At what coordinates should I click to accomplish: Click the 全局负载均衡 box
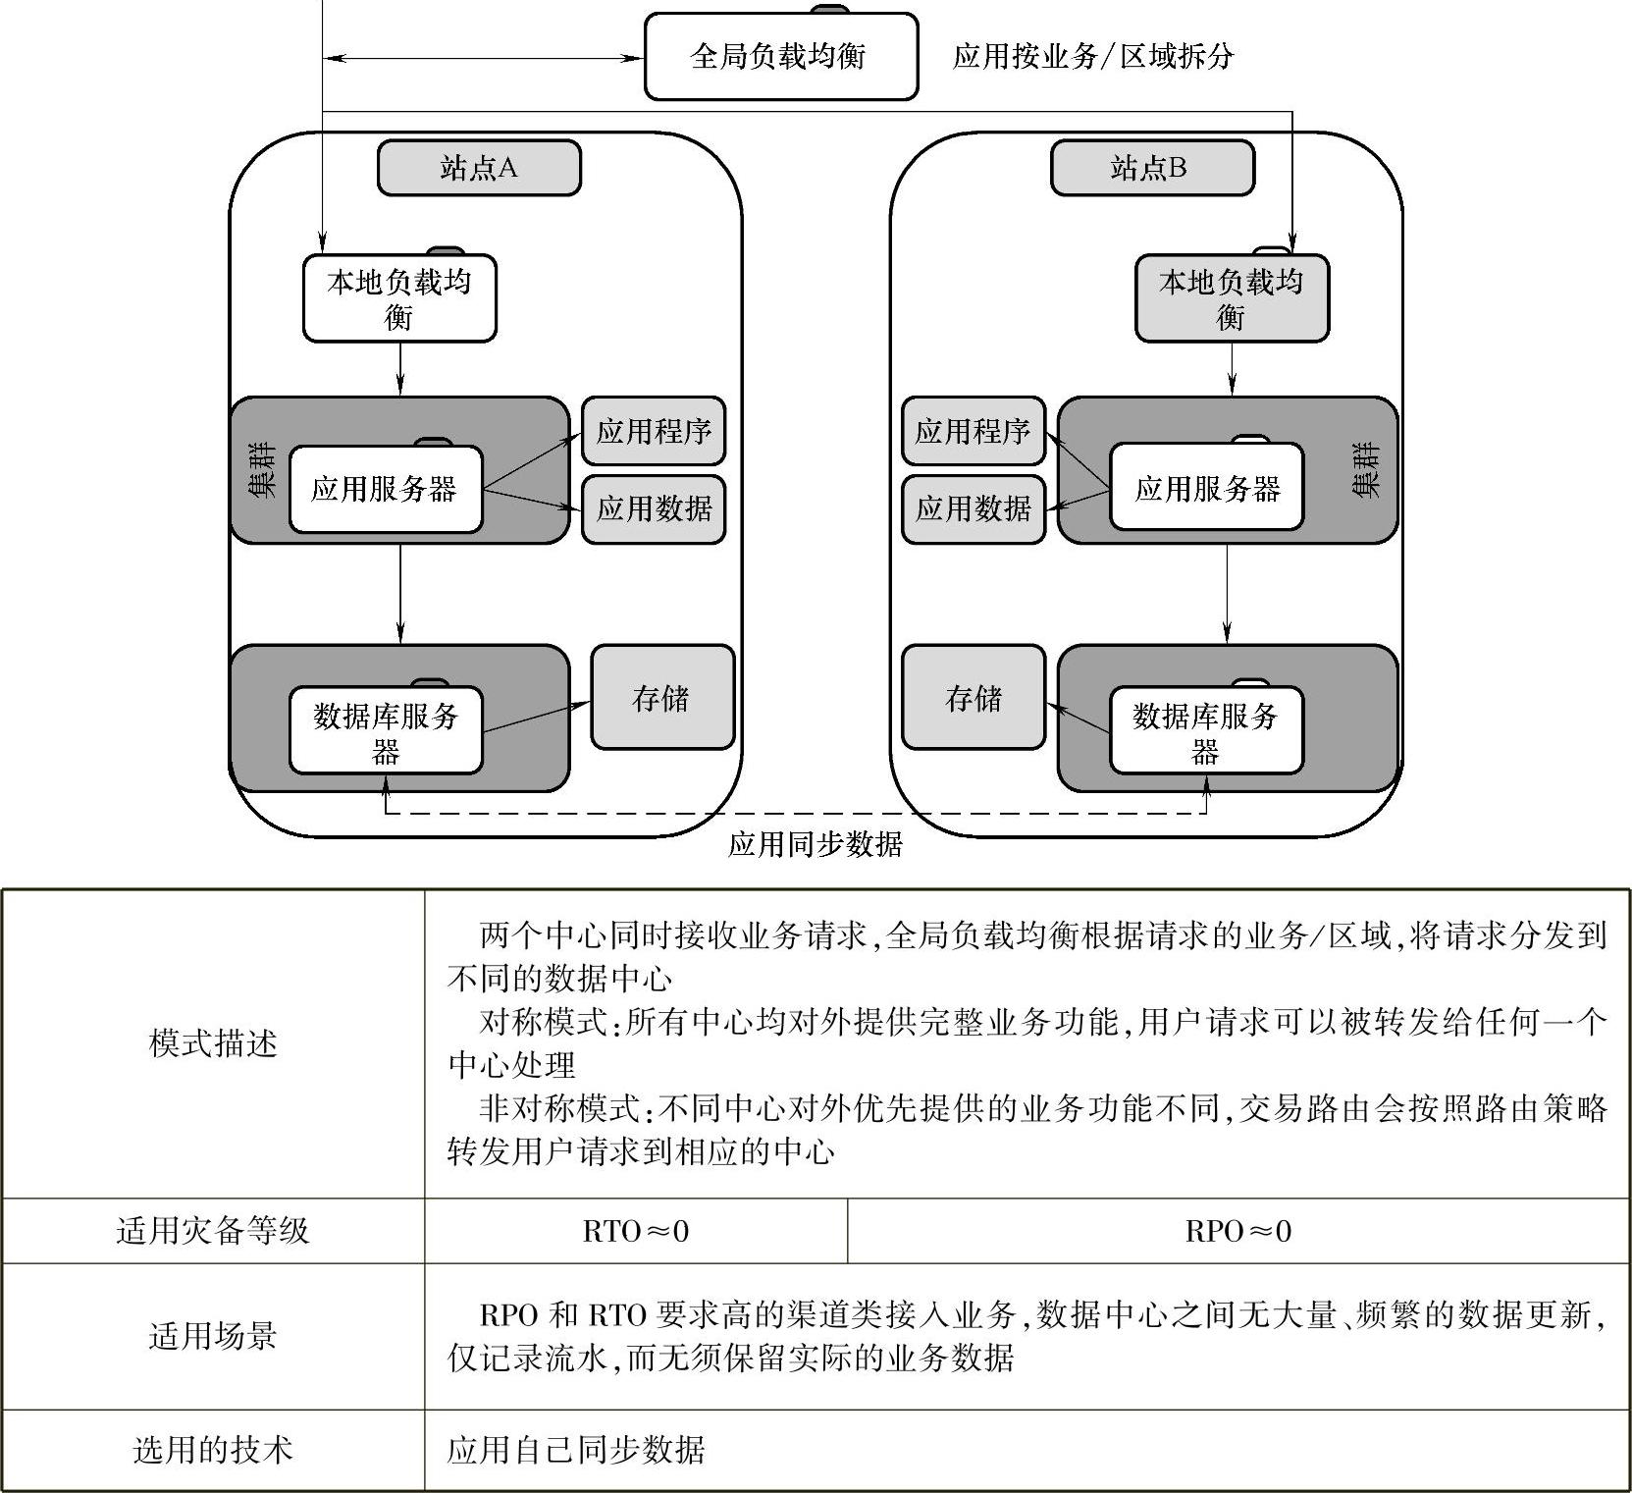780,57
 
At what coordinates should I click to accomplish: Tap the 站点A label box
479,168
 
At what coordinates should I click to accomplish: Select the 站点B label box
1151,168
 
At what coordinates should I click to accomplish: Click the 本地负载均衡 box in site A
399,298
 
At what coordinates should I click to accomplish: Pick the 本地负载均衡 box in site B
1232,298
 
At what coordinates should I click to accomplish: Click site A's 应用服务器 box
386,489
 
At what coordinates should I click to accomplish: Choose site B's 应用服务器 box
1206,488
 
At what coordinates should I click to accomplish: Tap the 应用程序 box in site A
654,431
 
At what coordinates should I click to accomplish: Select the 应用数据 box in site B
973,508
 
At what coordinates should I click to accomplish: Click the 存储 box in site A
662,698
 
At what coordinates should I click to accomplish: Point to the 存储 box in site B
973,698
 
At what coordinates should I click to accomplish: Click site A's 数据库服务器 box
386,731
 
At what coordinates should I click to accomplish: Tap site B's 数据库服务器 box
1206,731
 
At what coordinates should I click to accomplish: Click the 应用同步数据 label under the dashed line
815,844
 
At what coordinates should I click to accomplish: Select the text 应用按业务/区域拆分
1092,57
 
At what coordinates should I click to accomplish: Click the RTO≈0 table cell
636,1231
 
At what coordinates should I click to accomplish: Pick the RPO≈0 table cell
1237,1231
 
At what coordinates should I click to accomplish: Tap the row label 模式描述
213,1043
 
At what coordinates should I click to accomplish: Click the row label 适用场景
213,1336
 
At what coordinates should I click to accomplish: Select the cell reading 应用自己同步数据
576,1450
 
